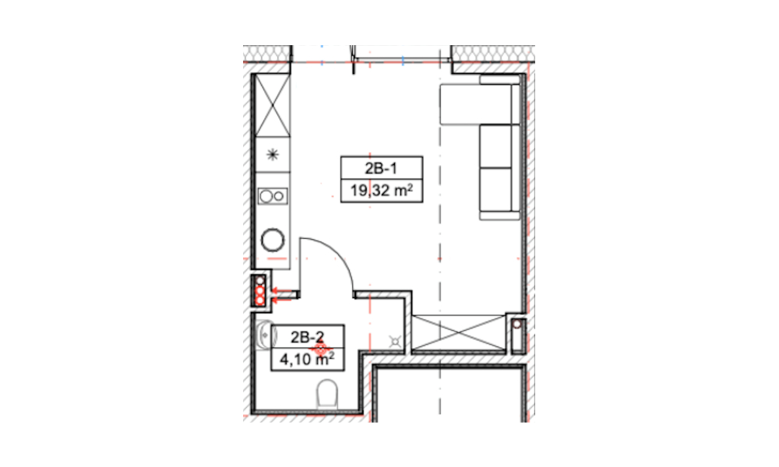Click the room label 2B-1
381,169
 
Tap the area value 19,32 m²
382,190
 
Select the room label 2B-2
307,338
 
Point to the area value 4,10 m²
306,358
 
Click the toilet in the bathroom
327,394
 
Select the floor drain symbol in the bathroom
396,341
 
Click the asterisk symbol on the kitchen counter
273,155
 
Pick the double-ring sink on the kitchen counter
272,196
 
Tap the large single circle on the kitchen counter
273,240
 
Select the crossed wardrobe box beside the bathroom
459,332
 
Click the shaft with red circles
260,290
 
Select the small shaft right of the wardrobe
517,333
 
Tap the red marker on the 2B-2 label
320,347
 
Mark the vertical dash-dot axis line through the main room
439,233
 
